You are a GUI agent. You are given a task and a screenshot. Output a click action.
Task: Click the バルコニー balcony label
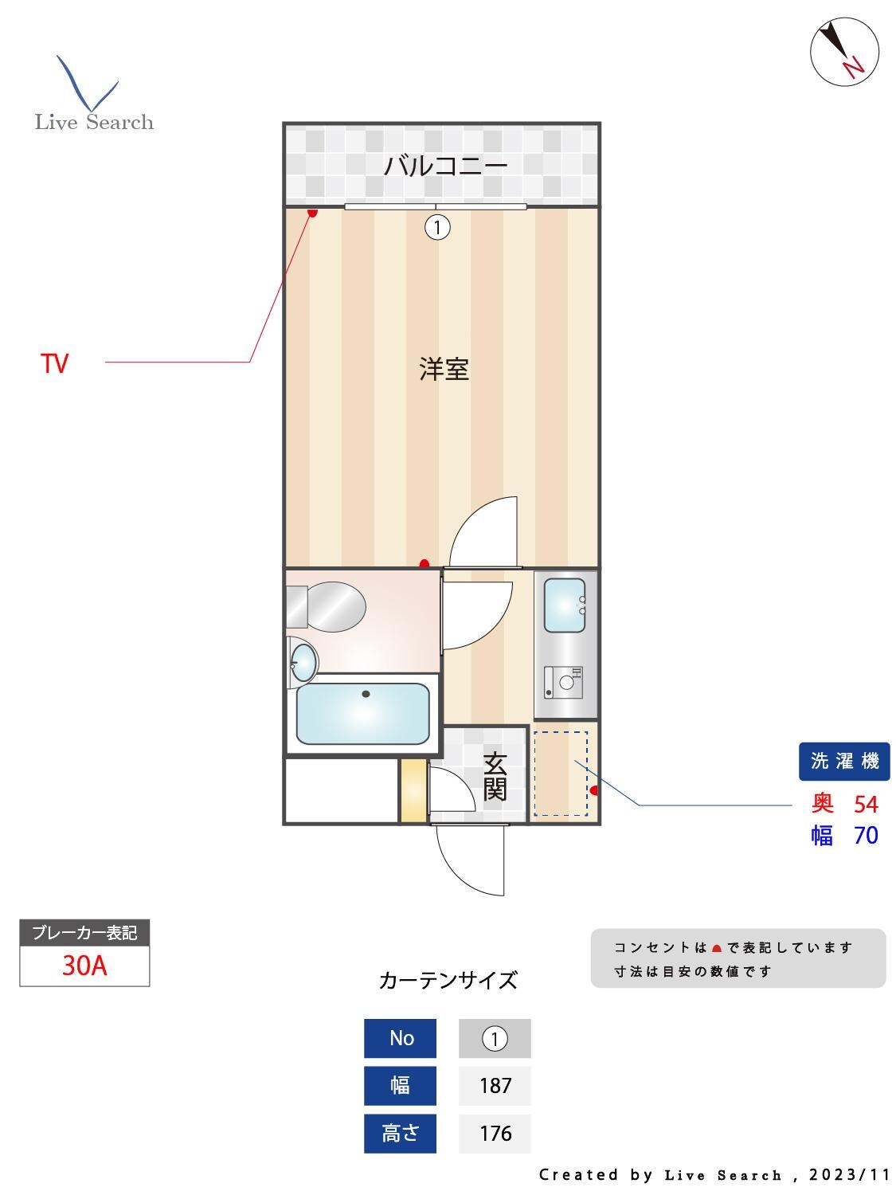point(445,167)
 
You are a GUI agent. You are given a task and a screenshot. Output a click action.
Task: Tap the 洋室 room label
point(444,370)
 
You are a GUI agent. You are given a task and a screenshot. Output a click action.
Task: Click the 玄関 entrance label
point(495,776)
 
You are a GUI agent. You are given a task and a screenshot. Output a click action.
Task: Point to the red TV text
point(55,364)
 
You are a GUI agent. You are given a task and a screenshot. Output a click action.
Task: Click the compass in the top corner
point(844,52)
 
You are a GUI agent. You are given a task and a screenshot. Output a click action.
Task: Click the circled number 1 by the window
point(437,228)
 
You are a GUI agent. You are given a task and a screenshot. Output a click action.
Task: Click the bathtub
point(363,713)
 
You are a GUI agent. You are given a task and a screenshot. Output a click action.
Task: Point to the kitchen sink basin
point(565,605)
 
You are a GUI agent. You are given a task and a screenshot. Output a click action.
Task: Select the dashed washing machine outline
point(560,774)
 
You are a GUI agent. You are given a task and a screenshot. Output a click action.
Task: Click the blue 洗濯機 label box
point(844,761)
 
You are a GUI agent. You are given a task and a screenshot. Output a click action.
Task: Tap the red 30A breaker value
point(84,966)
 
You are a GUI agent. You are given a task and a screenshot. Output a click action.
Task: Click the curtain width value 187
point(495,1085)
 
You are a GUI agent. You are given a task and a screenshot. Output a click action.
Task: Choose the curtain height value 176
point(495,1133)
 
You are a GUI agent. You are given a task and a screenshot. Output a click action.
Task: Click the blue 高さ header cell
point(400,1133)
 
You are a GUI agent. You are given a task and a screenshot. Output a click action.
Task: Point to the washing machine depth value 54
point(866,804)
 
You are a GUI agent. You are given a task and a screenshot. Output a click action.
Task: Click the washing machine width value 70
point(866,836)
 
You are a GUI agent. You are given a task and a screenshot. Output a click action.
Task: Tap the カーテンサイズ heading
point(448,980)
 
